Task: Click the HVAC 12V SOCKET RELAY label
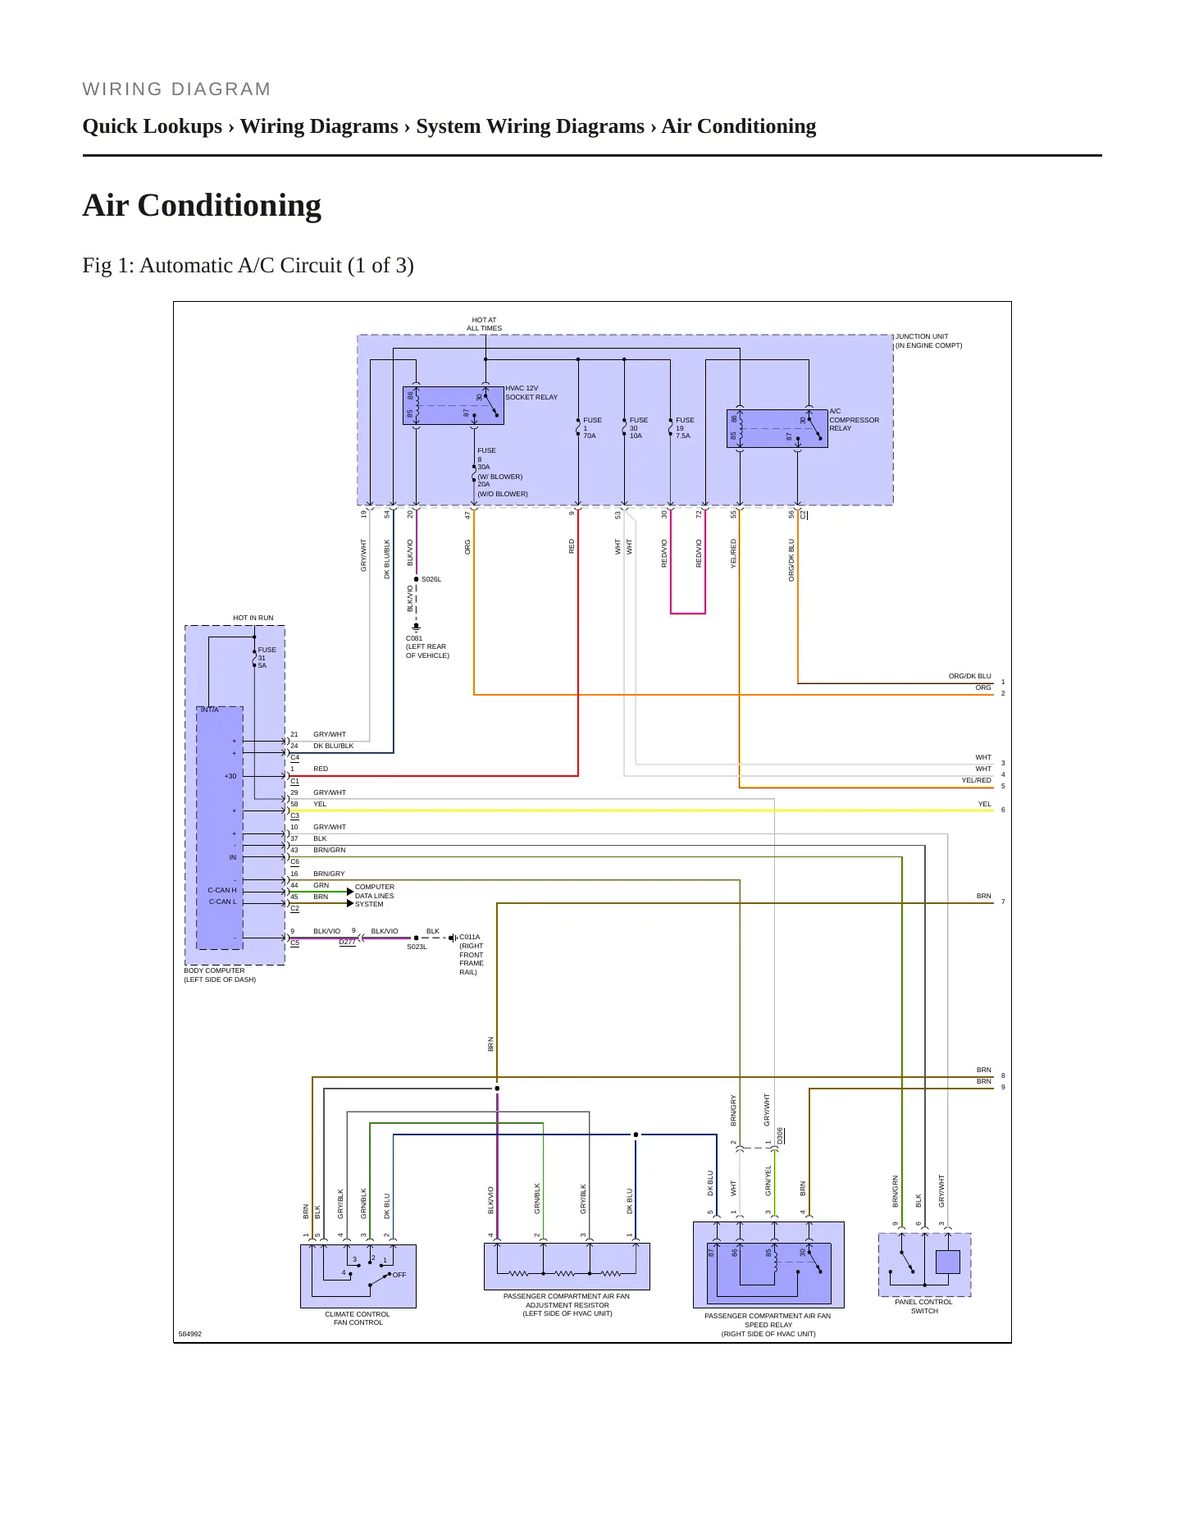coord(531,393)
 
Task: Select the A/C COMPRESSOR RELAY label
coord(854,420)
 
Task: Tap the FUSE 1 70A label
coord(592,428)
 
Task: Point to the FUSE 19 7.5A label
coord(685,428)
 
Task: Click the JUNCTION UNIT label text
coord(928,341)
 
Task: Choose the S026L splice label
coord(431,579)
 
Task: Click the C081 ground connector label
coord(427,647)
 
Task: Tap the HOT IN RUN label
coord(253,619)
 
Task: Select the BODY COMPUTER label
coord(220,975)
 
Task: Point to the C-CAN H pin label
coord(222,890)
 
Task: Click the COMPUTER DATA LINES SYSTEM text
coord(375,896)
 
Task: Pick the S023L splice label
coord(417,947)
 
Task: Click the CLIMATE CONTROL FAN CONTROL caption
coord(358,1318)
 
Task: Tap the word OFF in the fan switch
coord(399,1275)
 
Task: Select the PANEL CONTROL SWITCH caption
coord(924,1307)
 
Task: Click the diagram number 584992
coord(190,1334)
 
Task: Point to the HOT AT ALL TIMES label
coord(485,324)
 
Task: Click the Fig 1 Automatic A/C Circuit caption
coord(248,266)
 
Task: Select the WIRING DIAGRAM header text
coord(176,89)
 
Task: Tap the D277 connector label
coord(348,943)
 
